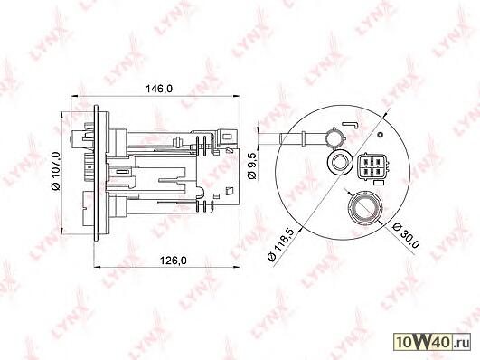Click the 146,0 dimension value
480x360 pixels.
point(159,89)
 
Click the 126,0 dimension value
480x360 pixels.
point(173,261)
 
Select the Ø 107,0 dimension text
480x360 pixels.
point(57,171)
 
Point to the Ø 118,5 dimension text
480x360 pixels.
point(280,244)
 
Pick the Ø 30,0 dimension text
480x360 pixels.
point(406,234)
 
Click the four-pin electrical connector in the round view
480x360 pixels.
point(372,166)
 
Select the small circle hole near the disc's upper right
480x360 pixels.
point(381,135)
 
